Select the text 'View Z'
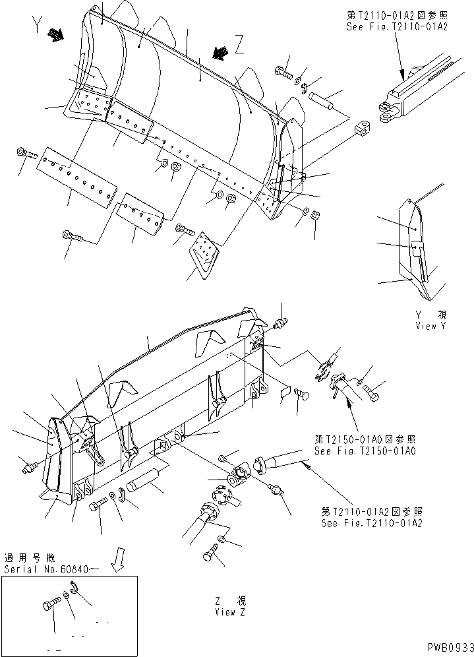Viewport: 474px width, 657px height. click(225, 611)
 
